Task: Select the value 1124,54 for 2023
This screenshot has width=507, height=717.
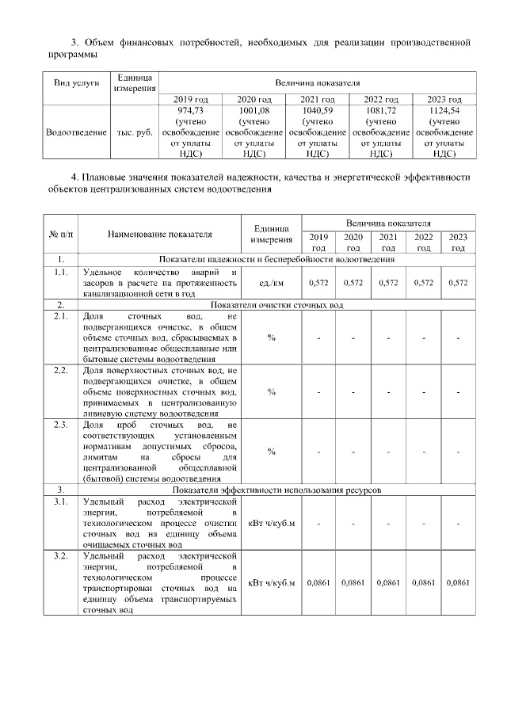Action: click(x=444, y=111)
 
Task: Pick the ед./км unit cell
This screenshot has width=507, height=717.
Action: click(x=271, y=282)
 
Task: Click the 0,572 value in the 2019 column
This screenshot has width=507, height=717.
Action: click(x=318, y=282)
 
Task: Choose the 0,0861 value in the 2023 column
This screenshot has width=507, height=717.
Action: click(x=458, y=583)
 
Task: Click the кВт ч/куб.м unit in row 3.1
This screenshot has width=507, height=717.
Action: click(x=271, y=523)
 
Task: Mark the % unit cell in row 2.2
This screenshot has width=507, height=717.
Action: click(x=271, y=391)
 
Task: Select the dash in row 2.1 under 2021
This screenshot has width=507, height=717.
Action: click(x=388, y=338)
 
